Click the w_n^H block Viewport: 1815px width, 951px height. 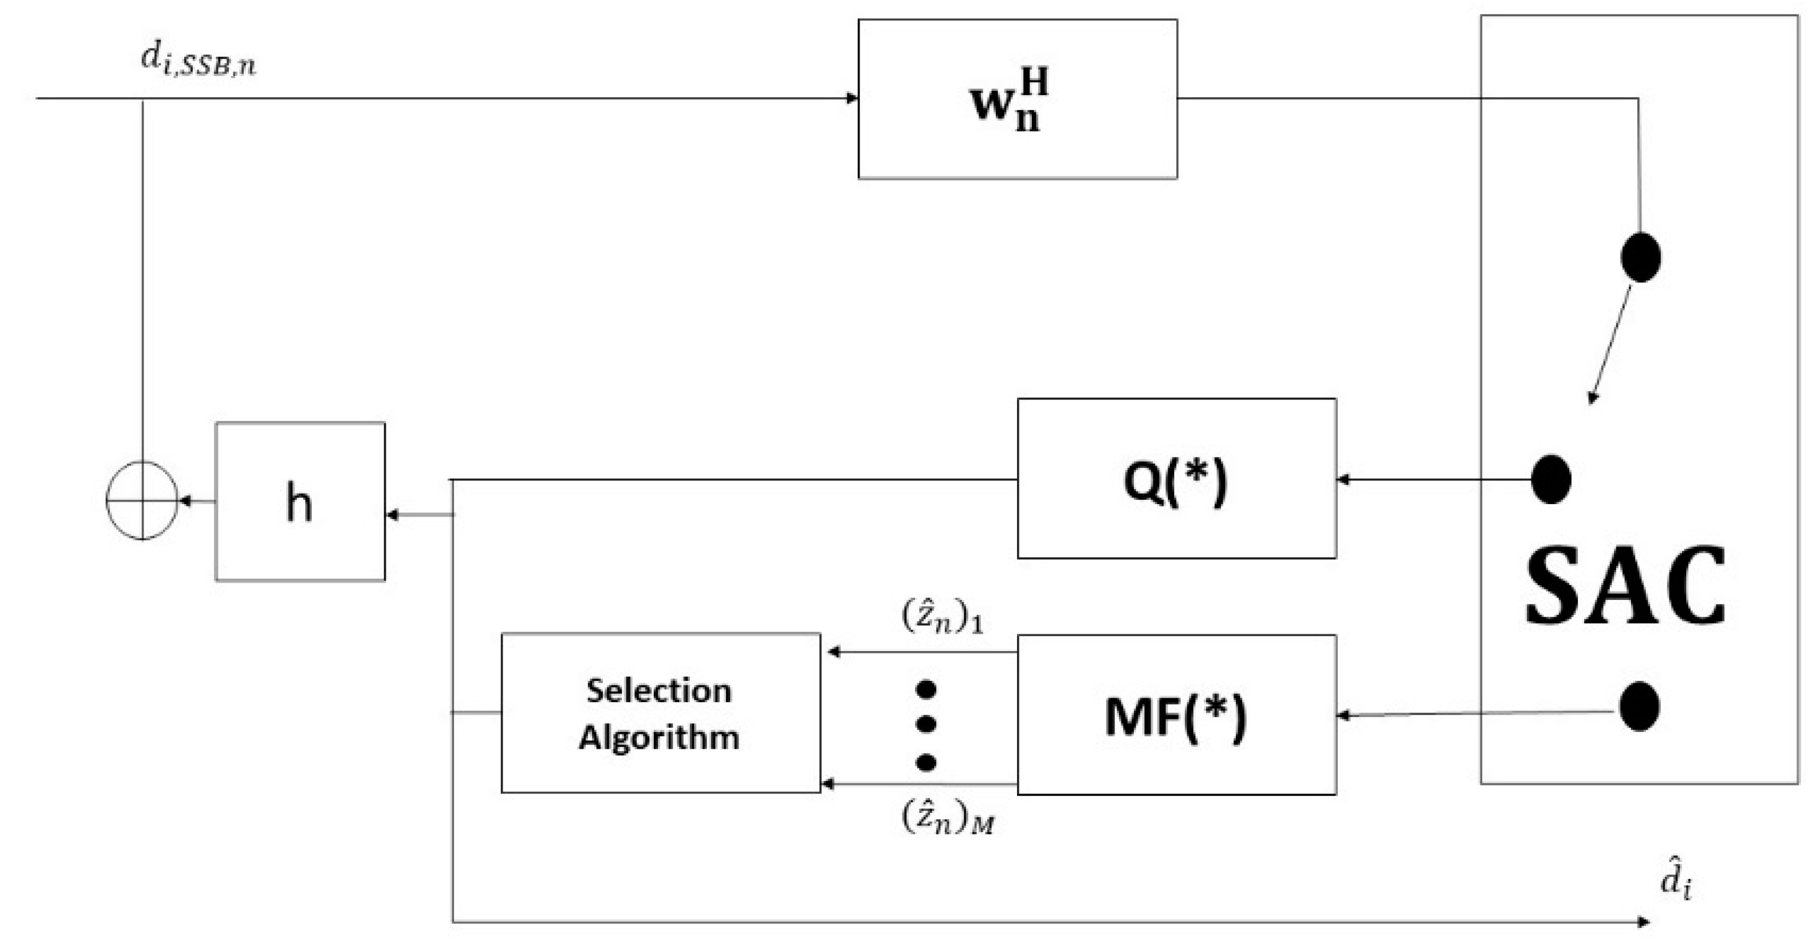click(1017, 99)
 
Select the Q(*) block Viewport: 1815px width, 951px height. click(1176, 479)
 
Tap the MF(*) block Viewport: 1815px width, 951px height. click(1176, 715)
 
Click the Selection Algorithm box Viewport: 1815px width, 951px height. click(660, 713)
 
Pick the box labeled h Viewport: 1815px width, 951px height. click(299, 502)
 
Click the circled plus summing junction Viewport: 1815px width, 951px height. click(142, 500)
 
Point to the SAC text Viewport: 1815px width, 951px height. click(1625, 586)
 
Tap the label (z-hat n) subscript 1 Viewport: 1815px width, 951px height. click(942, 617)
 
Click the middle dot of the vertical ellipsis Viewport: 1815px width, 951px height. click(926, 724)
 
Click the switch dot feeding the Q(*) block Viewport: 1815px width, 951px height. click(1551, 479)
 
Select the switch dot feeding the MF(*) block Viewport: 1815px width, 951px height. click(1639, 706)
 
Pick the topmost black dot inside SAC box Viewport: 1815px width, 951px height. click(1640, 257)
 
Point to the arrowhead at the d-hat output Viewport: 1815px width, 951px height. click(1644, 921)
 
